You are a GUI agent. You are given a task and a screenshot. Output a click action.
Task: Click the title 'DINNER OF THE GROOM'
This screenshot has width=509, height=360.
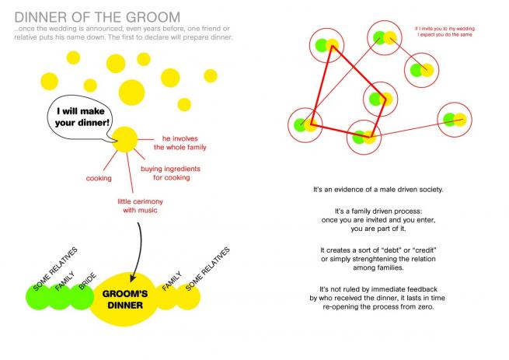[97, 16]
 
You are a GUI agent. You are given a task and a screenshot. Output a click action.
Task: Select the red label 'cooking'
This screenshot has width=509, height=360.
[99, 178]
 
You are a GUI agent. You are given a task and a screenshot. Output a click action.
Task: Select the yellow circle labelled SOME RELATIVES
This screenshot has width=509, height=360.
[190, 298]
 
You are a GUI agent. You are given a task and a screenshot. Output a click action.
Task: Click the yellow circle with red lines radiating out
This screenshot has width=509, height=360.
[124, 139]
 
